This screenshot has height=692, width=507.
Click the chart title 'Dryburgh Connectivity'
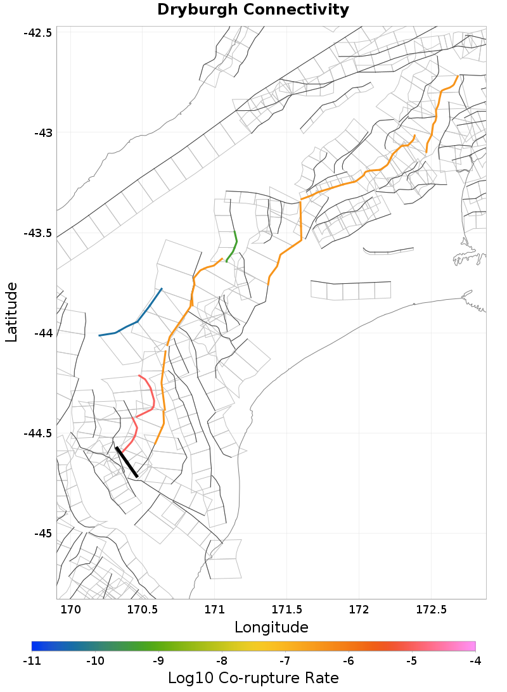point(253,10)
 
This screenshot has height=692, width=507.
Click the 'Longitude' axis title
point(271,627)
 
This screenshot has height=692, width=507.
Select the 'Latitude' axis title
point(11,312)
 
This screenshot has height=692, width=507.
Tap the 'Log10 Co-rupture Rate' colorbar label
point(253,677)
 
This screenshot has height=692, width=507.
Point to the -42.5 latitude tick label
point(37,33)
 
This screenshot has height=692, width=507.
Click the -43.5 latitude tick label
point(37,233)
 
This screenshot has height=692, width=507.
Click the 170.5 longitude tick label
point(142,610)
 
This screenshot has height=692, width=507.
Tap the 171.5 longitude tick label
point(286,610)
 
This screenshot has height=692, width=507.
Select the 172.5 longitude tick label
point(432,610)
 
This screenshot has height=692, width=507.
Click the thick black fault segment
point(126,461)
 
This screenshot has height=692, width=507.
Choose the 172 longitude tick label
point(359,610)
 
